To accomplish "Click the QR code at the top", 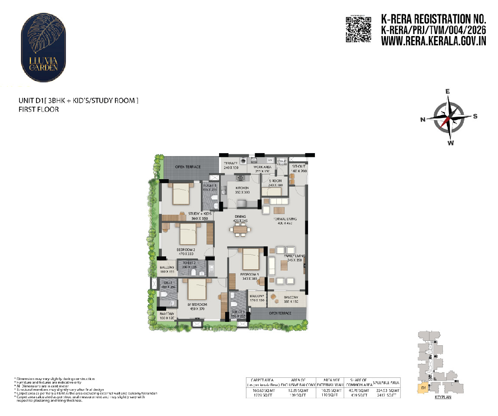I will tap(358, 29).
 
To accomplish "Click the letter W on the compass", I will tap(451, 143).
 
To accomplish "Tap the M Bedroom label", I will tap(198, 305).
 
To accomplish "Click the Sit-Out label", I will tap(299, 166).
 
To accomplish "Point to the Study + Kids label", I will tap(200, 214).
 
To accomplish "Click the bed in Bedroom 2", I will tap(188, 236).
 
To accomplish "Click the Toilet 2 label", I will tap(190, 263).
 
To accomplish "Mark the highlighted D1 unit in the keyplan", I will tap(423, 388).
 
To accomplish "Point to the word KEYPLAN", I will tap(442, 397).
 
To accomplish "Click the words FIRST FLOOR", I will tap(38, 110).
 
